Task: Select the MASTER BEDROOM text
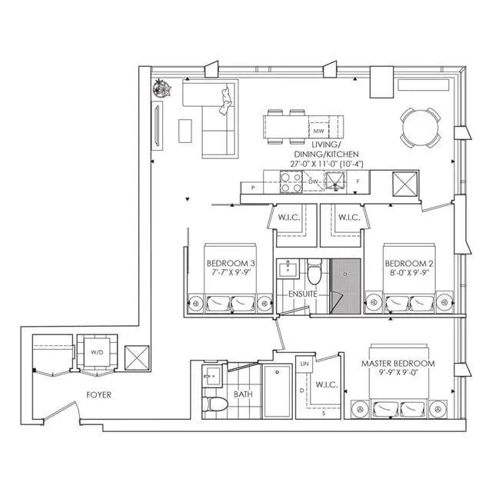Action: tap(401, 363)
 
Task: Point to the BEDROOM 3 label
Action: tap(230, 263)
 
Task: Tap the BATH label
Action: tap(243, 394)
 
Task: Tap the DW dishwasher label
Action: tap(314, 181)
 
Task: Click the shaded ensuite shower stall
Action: tap(344, 284)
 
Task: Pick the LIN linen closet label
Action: tap(305, 363)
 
